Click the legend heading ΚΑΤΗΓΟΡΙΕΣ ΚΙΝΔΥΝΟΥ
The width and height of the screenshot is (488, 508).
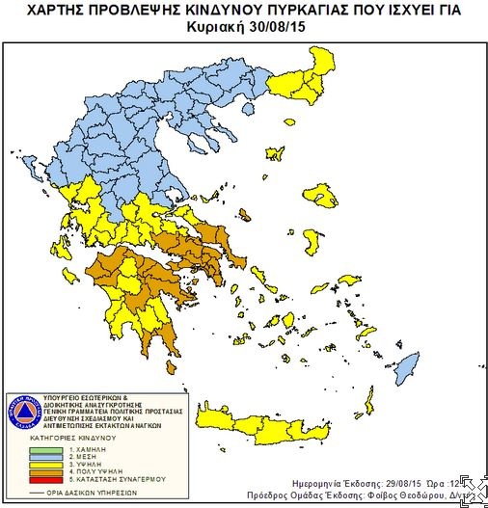(x=73, y=439)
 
